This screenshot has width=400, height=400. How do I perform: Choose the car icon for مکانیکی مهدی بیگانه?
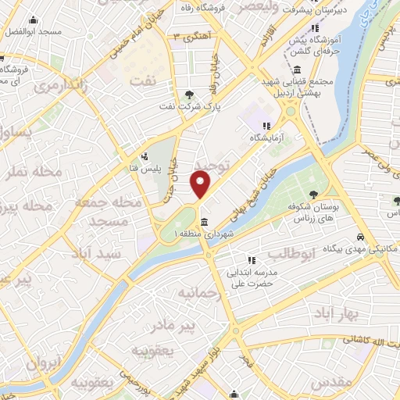click(x=359, y=237)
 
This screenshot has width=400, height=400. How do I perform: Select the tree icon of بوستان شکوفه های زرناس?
click(x=313, y=195)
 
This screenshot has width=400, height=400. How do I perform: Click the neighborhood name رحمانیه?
click(x=195, y=293)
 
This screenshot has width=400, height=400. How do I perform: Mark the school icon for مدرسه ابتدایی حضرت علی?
click(x=251, y=260)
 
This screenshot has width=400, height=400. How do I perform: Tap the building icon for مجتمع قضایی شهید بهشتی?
click(x=298, y=70)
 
